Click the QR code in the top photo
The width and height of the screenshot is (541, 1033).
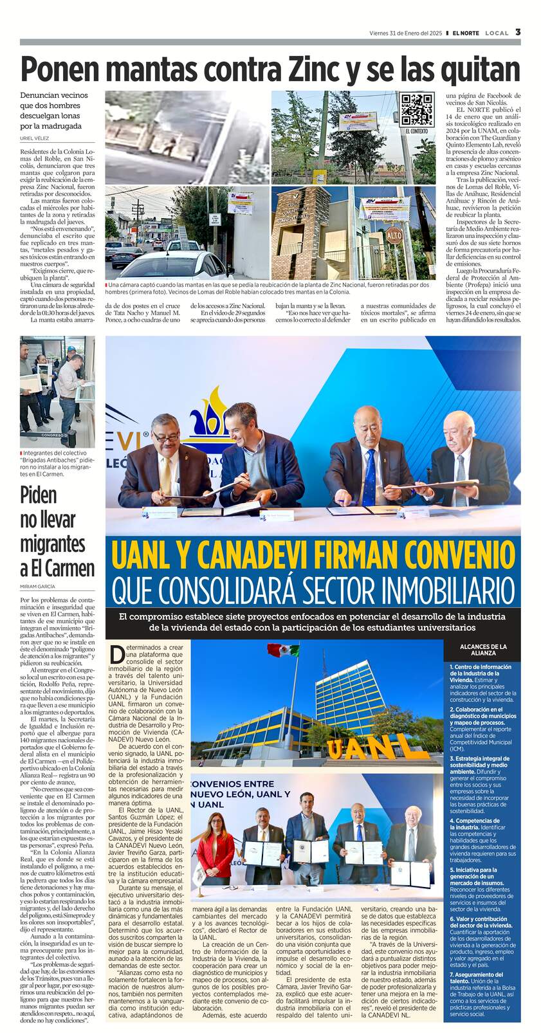click(x=417, y=110)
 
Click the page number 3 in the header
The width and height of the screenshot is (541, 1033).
click(x=518, y=32)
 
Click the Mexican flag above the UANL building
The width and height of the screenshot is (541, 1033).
click(x=283, y=650)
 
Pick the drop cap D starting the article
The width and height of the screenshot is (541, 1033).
click(x=116, y=655)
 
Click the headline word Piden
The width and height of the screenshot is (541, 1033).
click(x=38, y=495)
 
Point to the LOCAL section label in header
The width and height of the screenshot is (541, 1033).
click(x=497, y=33)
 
